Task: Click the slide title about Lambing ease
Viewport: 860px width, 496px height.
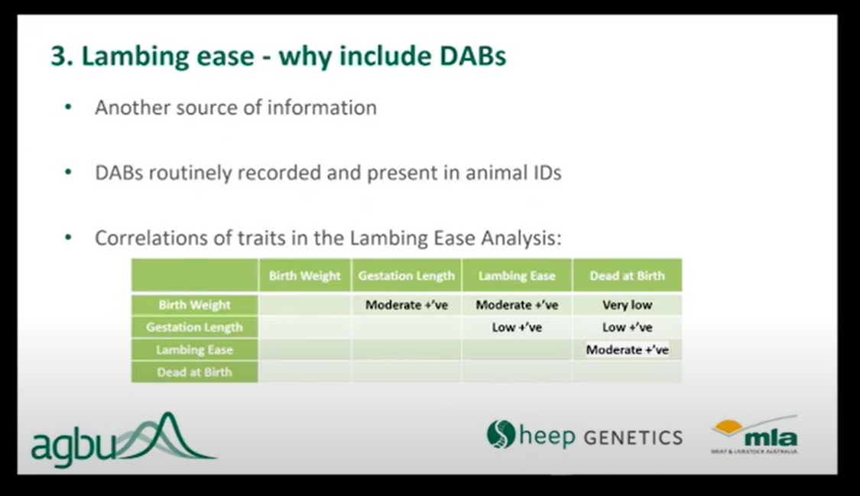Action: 278,57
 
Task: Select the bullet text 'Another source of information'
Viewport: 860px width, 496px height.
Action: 235,108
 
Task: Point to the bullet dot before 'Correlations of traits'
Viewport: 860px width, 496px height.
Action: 68,238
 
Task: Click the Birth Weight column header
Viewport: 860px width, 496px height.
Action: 304,276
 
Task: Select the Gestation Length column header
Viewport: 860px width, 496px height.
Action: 406,276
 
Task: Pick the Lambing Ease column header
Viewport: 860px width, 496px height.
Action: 517,276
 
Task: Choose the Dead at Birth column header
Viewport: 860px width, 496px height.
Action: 627,276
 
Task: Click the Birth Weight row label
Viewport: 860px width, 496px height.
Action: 194,305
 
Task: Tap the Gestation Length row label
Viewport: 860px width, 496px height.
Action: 194,327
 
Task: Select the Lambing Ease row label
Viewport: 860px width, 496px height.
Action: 194,350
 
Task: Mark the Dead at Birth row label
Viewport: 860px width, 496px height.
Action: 194,372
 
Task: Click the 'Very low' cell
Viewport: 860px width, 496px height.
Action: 627,305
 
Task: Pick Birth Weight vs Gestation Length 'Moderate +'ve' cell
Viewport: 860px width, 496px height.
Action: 406,305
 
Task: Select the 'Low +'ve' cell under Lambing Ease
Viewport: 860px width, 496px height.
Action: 517,327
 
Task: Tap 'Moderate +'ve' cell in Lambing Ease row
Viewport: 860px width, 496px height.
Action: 627,350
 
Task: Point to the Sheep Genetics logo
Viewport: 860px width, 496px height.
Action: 584,436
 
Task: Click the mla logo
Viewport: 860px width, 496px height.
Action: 755,436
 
